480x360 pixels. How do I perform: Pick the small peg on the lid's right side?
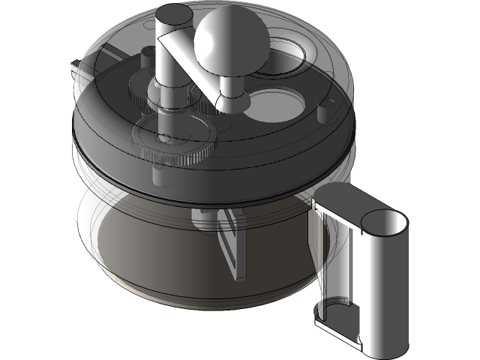(x=325, y=110)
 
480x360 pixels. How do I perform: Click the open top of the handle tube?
(x=385, y=223)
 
